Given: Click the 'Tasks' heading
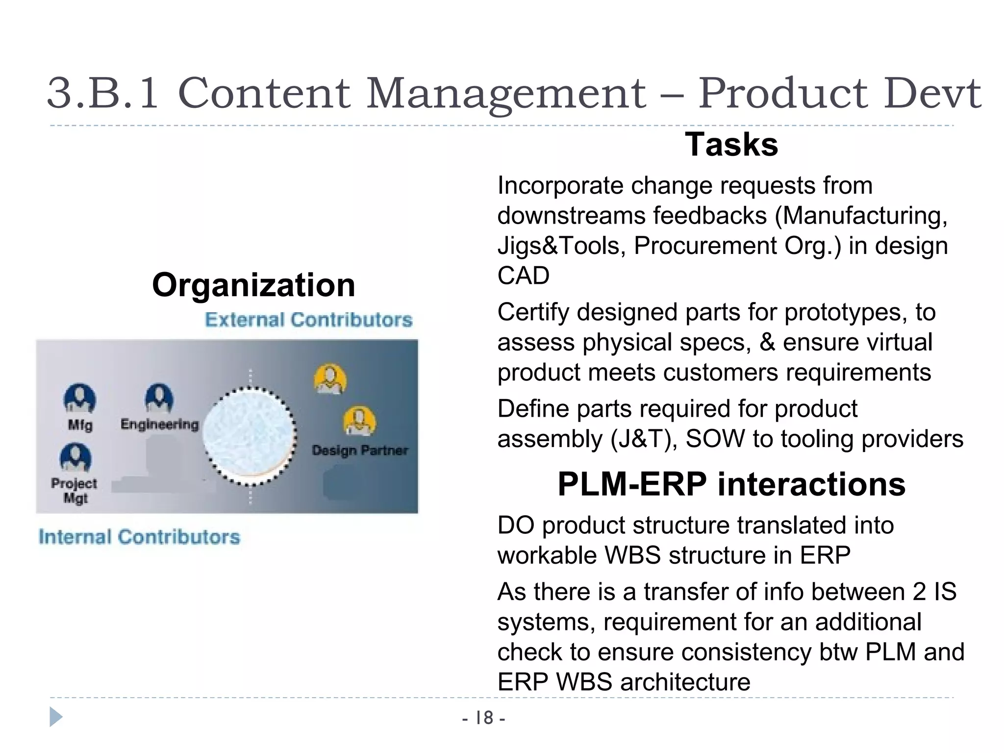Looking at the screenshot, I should [731, 145].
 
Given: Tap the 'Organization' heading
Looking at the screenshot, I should [253, 285].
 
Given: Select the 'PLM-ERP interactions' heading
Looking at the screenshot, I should [731, 484].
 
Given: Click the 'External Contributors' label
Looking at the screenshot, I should [308, 320].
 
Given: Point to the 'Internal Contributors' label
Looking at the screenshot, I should [140, 537].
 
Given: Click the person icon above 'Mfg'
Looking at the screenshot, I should [80, 399].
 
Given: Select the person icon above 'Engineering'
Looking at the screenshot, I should [159, 398].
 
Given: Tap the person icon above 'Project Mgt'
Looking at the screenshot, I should [75, 457].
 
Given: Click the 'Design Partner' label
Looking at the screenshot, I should [360, 450].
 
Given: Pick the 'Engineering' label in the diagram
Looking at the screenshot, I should [160, 424].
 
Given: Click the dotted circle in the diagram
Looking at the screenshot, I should [250, 436].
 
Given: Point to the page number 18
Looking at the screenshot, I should [484, 718].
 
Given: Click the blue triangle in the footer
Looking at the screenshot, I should [56, 717].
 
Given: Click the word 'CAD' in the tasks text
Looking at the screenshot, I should [524, 276].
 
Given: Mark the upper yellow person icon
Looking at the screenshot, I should [330, 378].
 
